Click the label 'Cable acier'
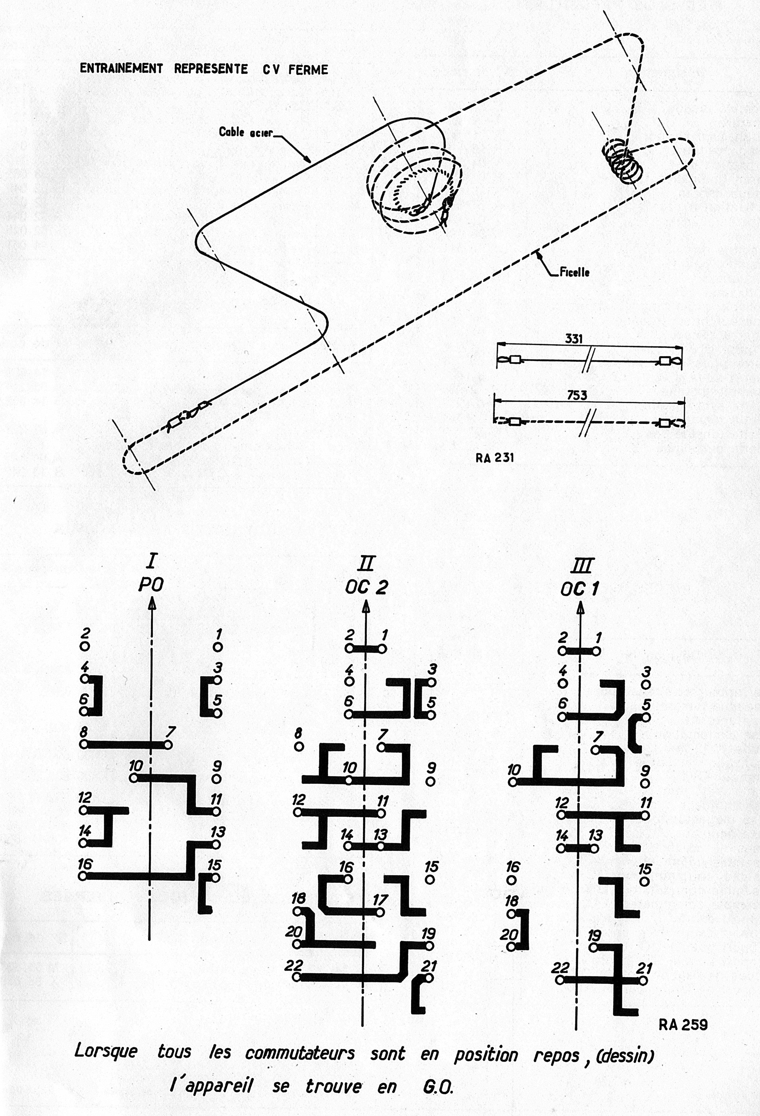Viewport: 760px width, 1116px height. tap(245, 132)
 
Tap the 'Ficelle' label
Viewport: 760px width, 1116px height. tap(574, 272)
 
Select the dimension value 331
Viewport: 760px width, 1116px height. tap(574, 338)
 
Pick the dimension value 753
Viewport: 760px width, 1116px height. tap(577, 395)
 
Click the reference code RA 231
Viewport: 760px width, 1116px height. tap(494, 458)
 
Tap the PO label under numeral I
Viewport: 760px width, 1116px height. tap(151, 584)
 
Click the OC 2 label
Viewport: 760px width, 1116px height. tap(366, 587)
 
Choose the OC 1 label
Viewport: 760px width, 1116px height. tap(579, 589)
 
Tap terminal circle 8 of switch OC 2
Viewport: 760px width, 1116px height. tap(299, 747)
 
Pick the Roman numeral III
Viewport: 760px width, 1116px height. tap(581, 565)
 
